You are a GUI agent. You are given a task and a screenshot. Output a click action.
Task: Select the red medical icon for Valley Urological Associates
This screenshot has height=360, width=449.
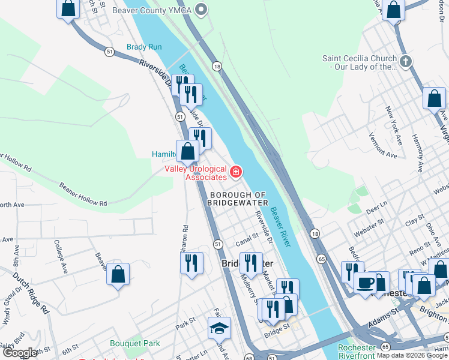[236, 173]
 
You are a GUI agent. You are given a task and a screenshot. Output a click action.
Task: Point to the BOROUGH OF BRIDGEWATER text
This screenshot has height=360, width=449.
[237, 199]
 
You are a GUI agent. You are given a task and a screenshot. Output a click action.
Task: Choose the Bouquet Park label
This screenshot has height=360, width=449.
[135, 344]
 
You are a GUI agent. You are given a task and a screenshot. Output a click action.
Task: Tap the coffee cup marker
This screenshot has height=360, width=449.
[365, 283]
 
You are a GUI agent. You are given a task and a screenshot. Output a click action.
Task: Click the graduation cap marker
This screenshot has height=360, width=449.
[219, 328]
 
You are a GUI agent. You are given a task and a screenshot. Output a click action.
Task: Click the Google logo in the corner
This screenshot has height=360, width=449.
[20, 353]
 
